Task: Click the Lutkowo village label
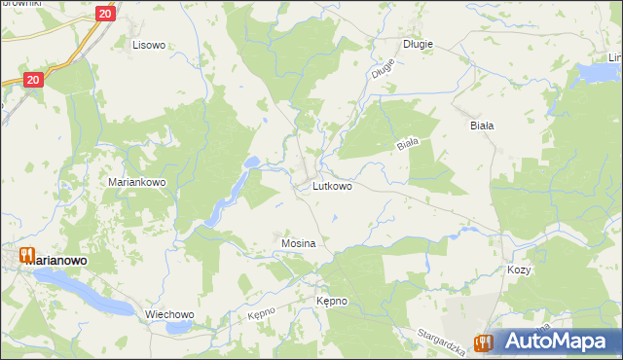point(332,185)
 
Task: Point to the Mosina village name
point(298,242)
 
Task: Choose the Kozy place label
point(518,270)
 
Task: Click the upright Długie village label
point(418,44)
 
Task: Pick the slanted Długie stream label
point(383,69)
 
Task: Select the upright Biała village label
point(482,126)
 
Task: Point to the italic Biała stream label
point(407,144)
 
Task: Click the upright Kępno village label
point(331,302)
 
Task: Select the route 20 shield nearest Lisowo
point(106,14)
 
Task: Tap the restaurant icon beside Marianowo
point(26,256)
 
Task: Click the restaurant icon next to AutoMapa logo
point(482,342)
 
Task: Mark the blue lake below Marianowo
point(83,291)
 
